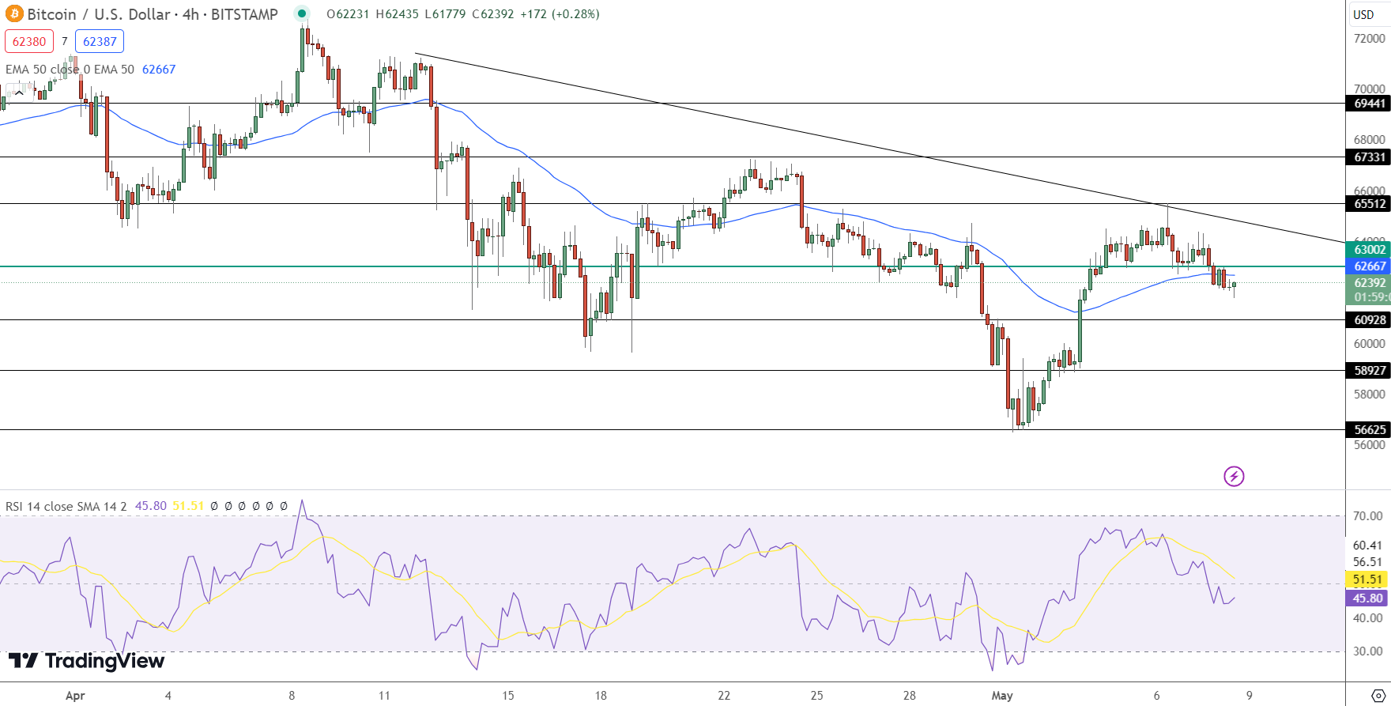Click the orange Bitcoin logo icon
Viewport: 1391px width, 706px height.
click(14, 14)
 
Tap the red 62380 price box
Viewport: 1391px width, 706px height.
click(29, 41)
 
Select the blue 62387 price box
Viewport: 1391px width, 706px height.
click(100, 41)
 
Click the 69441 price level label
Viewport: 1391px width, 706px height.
click(1369, 104)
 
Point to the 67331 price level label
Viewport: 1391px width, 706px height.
click(1369, 157)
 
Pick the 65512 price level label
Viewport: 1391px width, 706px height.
click(1369, 204)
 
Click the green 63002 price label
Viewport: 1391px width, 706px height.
click(1369, 250)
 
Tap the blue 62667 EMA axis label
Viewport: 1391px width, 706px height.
click(1369, 266)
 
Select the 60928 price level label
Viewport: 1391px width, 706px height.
click(1369, 320)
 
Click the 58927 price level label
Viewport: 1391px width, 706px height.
click(1369, 371)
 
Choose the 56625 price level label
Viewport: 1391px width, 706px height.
click(1369, 430)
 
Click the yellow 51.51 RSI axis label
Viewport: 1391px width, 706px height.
click(1367, 580)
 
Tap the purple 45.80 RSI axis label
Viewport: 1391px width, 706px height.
click(1367, 598)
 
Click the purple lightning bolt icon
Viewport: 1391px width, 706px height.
click(1234, 476)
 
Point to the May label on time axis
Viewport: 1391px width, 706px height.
click(1002, 696)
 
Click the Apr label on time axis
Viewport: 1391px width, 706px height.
click(75, 696)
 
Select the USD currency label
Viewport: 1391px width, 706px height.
click(1363, 14)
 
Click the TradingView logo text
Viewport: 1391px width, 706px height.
click(87, 661)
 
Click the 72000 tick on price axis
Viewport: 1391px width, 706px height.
click(1369, 39)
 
